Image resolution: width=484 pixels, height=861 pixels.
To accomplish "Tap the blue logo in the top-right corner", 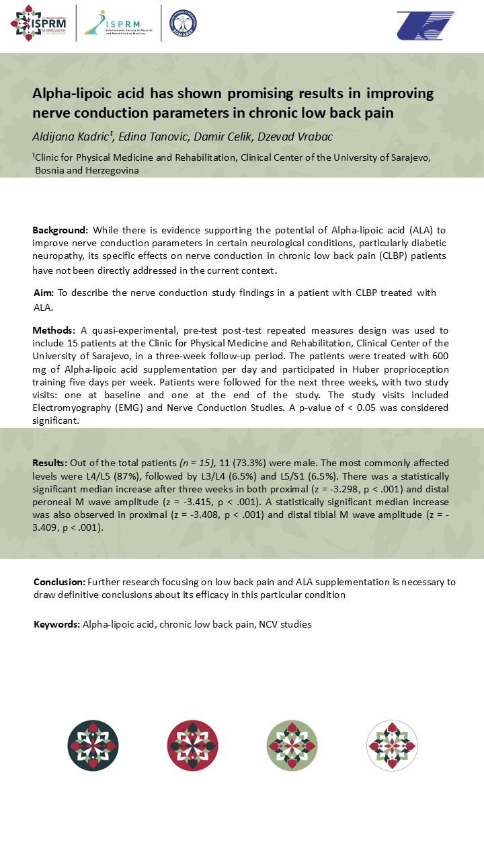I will (425, 26).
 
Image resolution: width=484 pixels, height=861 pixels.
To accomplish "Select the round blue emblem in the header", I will (183, 24).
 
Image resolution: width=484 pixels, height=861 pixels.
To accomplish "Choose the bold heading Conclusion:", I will (59, 582).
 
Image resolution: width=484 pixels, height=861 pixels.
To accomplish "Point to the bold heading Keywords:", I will (56, 624).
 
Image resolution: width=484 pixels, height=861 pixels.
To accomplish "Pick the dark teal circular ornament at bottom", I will (93, 745).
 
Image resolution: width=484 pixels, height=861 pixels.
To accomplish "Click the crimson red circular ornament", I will (193, 745).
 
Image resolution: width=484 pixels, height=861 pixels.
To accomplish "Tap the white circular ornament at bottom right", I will (392, 745).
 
